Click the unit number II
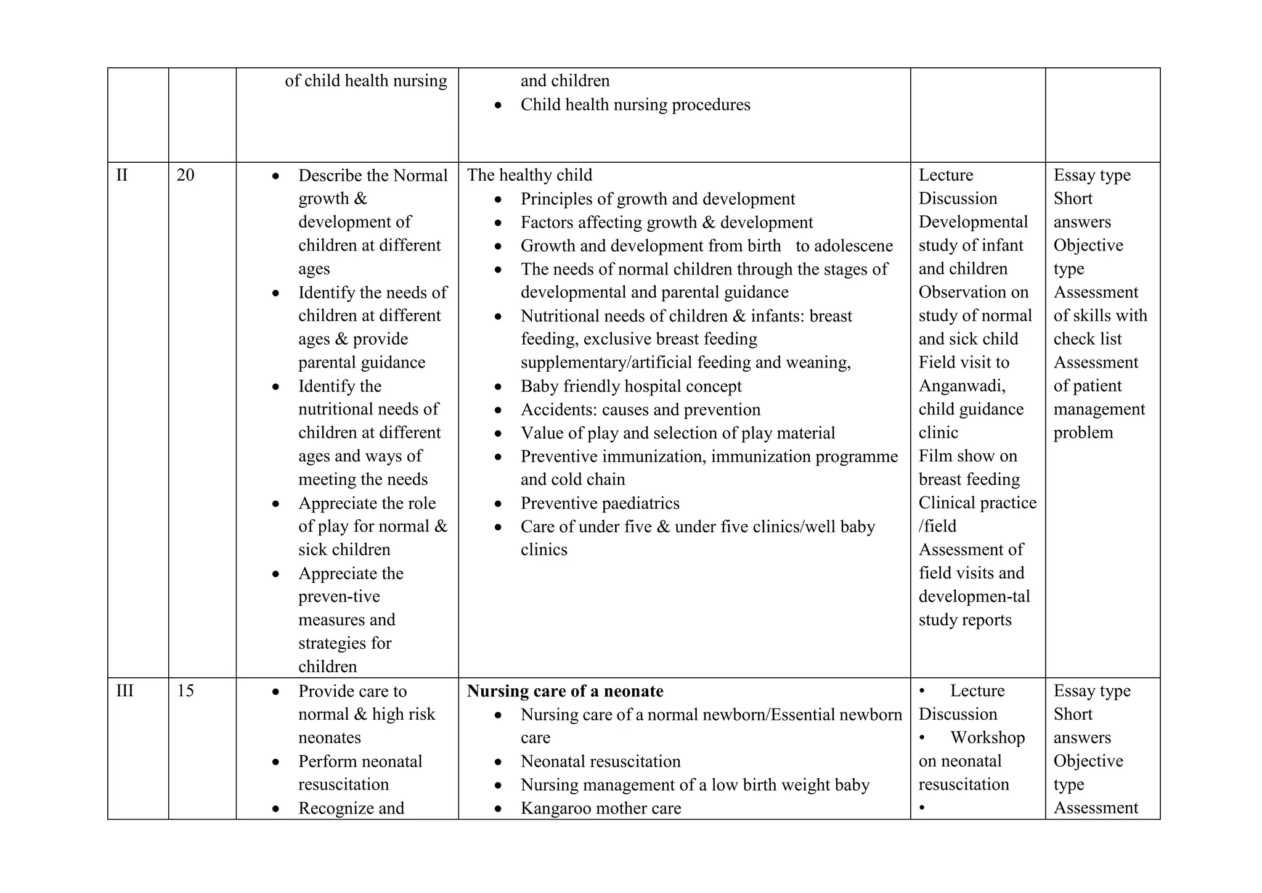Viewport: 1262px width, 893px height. (x=122, y=175)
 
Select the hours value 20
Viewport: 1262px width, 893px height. (x=185, y=175)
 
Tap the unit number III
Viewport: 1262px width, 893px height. (x=125, y=691)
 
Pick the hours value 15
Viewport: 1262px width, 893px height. (x=185, y=691)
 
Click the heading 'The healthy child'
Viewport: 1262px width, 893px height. (x=529, y=175)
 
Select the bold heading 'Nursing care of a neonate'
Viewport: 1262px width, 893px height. (x=565, y=691)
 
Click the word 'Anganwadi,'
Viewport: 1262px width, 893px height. (x=962, y=386)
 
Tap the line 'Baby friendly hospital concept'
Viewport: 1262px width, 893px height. (x=631, y=386)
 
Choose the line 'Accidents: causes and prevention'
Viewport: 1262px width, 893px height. (x=640, y=409)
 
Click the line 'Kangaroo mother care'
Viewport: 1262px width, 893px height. (x=601, y=808)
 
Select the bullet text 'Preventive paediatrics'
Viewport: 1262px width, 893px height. (x=600, y=503)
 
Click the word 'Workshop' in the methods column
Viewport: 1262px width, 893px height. (x=987, y=738)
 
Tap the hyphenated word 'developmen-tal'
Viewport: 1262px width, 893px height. (x=974, y=596)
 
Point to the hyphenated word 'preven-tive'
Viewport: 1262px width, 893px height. (x=339, y=596)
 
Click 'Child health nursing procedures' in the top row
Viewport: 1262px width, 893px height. (x=635, y=105)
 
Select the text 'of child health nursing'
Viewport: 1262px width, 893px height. (x=366, y=81)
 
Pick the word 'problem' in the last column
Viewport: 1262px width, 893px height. (x=1083, y=432)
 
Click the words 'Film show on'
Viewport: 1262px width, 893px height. (x=967, y=456)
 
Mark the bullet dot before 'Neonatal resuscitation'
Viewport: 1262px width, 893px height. (x=499, y=762)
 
